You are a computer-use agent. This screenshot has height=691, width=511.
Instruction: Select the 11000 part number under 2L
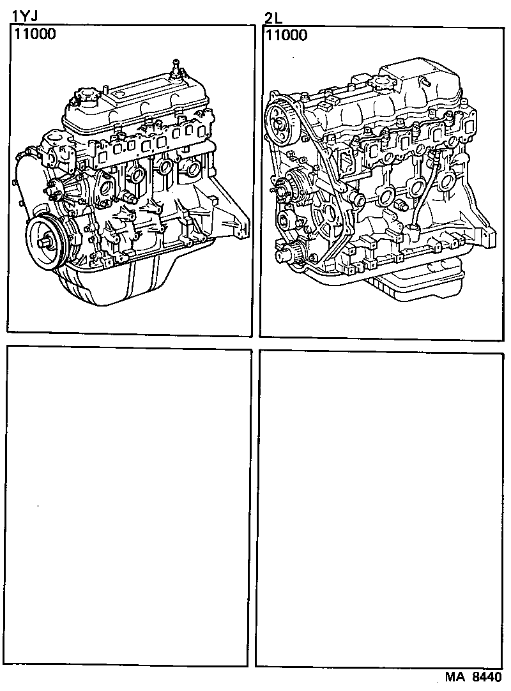pos(286,34)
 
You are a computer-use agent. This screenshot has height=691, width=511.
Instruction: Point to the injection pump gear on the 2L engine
pos(285,220)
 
